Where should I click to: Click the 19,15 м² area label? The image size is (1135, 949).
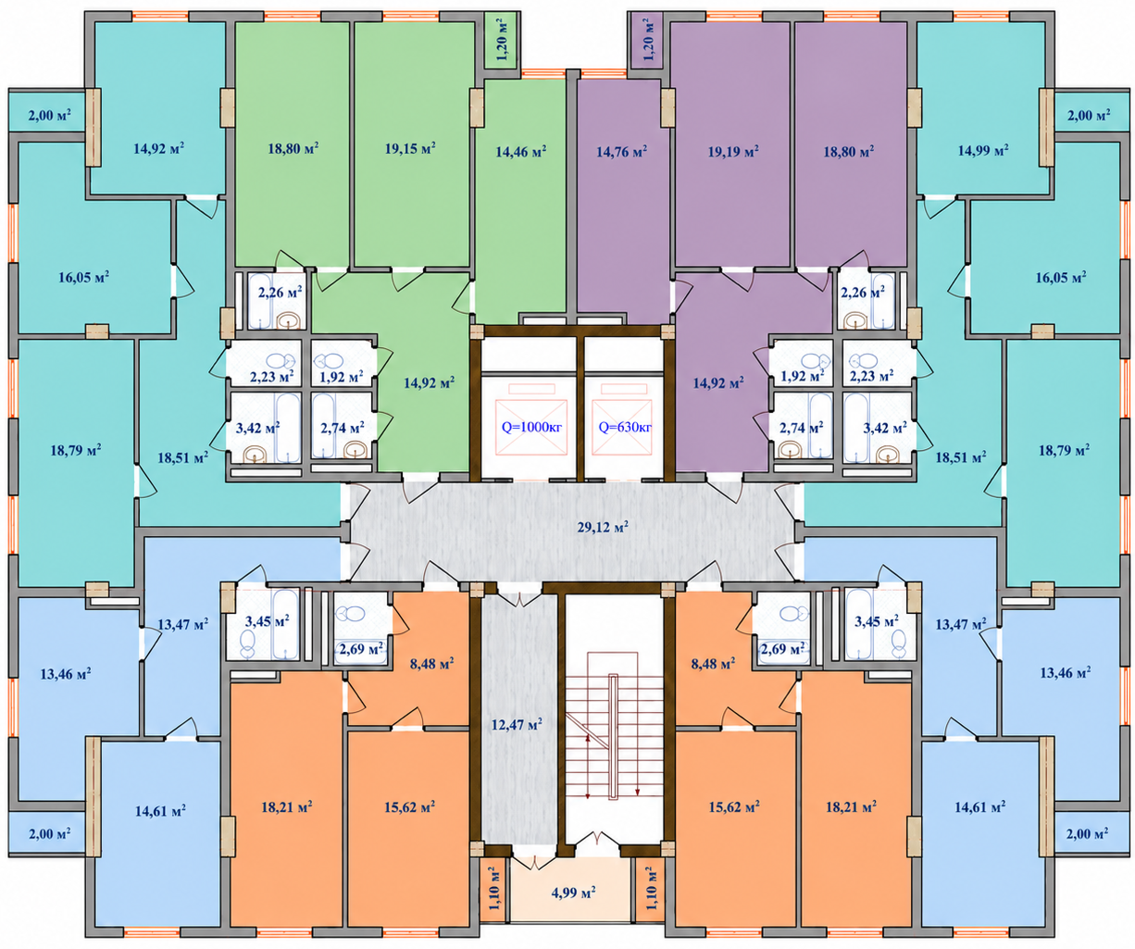tap(410, 148)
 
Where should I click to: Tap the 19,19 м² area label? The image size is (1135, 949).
tap(732, 151)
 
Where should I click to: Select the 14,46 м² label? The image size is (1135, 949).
tap(520, 152)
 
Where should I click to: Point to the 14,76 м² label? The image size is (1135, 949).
tap(621, 152)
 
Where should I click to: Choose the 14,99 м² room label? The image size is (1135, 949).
tap(983, 151)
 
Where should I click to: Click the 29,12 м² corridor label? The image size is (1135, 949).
tap(603, 527)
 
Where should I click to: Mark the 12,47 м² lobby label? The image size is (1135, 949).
tap(517, 725)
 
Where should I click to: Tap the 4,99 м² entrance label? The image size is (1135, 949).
tap(573, 892)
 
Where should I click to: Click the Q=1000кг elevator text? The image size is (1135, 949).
tap(531, 427)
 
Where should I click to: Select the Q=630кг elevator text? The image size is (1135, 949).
tap(625, 427)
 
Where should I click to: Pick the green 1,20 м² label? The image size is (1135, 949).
tap(503, 40)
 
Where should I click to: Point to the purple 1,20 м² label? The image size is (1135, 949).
tap(647, 40)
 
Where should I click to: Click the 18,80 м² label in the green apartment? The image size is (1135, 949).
tap(293, 148)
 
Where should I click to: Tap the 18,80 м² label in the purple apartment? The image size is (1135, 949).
tap(849, 151)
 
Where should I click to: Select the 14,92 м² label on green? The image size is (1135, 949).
tap(429, 382)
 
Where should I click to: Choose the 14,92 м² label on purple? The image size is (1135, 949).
tap(718, 382)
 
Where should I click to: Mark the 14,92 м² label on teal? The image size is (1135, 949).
tap(158, 148)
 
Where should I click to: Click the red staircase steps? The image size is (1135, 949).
tap(614, 738)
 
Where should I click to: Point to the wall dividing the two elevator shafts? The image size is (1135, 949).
tap(580, 408)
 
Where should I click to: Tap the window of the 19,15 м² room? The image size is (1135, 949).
tap(411, 17)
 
